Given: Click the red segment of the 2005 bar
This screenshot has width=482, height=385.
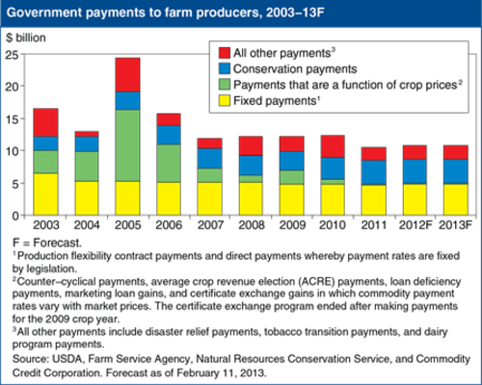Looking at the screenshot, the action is pos(128,75).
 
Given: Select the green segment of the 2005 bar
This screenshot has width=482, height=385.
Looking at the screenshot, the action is pos(128,145).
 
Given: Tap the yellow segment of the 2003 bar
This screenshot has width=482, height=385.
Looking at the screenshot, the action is pos(46,194).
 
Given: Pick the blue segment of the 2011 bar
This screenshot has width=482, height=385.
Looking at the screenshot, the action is pos(374,172).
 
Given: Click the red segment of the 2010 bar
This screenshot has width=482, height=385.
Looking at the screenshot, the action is pos(333,146).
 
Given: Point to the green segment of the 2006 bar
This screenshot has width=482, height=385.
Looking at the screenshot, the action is pos(169,164).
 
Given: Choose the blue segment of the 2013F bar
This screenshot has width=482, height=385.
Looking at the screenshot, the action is pos(456,172).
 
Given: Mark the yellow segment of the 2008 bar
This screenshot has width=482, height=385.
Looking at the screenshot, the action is pos(251,199).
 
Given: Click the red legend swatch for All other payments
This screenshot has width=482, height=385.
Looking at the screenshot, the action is pos(225,53).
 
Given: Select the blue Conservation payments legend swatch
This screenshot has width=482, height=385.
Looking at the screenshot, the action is pos(225,68).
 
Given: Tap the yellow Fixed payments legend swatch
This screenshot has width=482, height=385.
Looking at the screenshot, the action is pos(225,100).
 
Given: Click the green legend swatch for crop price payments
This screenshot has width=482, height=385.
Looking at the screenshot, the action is pos(225,85).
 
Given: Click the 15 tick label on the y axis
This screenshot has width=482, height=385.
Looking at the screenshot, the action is pos(12,119).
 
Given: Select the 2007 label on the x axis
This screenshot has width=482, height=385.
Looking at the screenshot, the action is pos(210,225).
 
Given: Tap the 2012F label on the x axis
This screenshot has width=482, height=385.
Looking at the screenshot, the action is pos(415,225).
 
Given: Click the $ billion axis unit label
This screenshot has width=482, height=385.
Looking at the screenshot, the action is pos(26,38).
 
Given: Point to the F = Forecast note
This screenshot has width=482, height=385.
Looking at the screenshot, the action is pos(47,243).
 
